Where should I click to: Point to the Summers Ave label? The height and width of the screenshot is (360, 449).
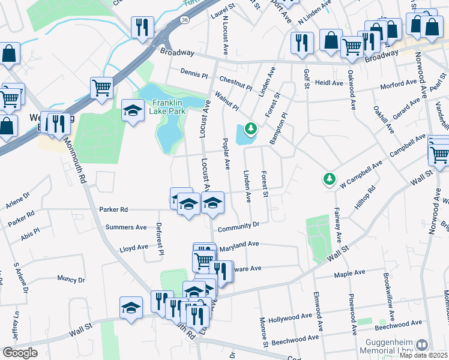pyautogui.click(x=126, y=228)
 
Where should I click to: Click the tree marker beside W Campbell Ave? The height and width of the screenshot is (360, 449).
pyautogui.click(x=329, y=178)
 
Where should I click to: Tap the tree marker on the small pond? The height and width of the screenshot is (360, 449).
pyautogui.click(x=250, y=128)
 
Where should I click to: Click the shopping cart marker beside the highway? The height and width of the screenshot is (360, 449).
pyautogui.click(x=102, y=87)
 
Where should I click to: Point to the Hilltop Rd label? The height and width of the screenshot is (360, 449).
pyautogui.click(x=364, y=197)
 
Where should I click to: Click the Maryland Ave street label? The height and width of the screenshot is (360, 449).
pyautogui.click(x=238, y=245)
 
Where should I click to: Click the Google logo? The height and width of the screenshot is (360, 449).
pyautogui.click(x=20, y=352)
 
